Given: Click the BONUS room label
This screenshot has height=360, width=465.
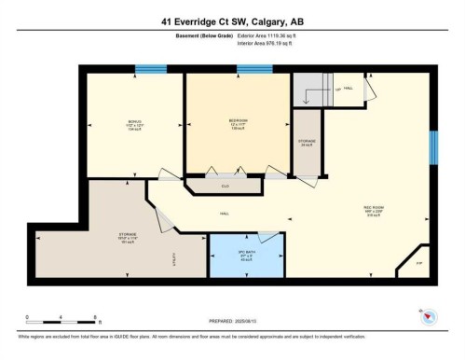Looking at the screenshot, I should pyautogui.click(x=134, y=121).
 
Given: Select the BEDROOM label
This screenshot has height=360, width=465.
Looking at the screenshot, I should pyautogui.click(x=238, y=121).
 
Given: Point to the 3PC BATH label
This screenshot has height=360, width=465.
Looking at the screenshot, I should pyautogui.click(x=247, y=253).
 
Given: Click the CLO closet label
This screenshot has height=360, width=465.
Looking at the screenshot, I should pyautogui.click(x=225, y=187).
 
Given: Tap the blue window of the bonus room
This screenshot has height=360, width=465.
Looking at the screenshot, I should pyautogui.click(x=151, y=69).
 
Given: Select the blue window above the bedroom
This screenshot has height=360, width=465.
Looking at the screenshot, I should pyautogui.click(x=254, y=69).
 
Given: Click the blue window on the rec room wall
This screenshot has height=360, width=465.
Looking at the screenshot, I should pyautogui.click(x=432, y=146).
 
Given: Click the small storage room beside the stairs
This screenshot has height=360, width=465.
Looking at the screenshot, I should pyautogui.click(x=308, y=143).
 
